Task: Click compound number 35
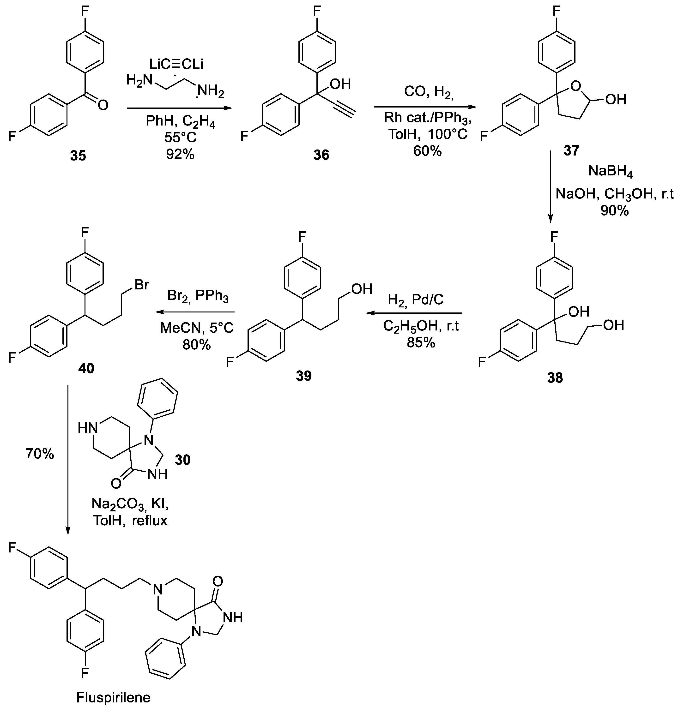pyautogui.click(x=78, y=156)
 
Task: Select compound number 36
pyautogui.click(x=321, y=155)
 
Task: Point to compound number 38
pyautogui.click(x=555, y=378)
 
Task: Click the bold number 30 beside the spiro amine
pyautogui.click(x=182, y=460)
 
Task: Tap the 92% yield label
pyautogui.click(x=180, y=154)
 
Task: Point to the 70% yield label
pyautogui.click(x=40, y=454)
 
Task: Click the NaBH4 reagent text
pyautogui.click(x=611, y=171)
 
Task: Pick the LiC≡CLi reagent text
pyautogui.click(x=176, y=64)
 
